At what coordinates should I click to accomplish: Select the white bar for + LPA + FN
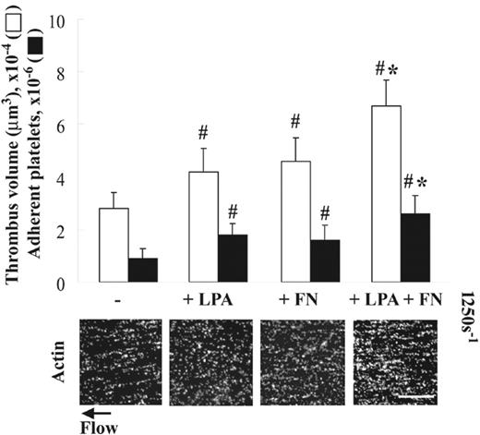click(x=386, y=194)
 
